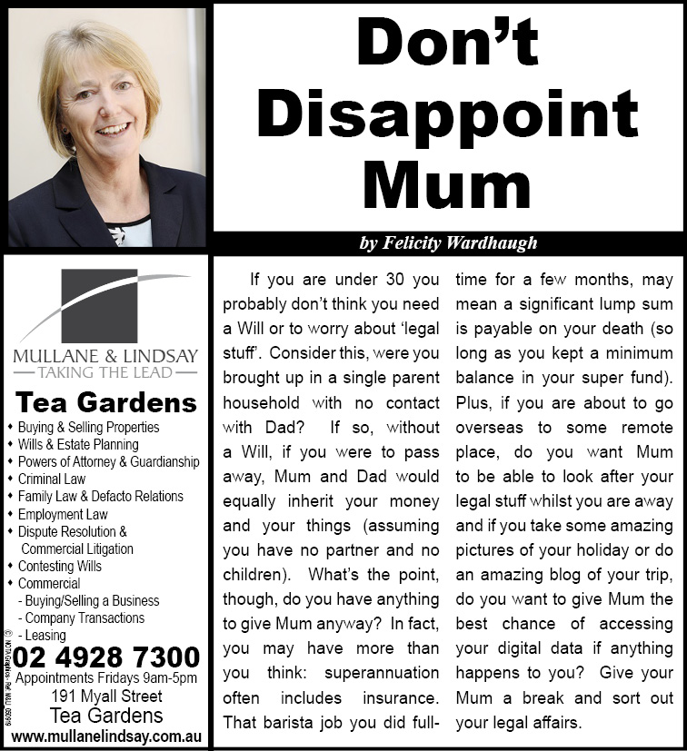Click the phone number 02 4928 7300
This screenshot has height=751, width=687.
click(107, 657)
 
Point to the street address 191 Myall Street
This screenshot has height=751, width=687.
click(106, 697)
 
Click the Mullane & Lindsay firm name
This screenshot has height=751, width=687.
click(105, 355)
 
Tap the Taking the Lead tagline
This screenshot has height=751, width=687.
click(105, 372)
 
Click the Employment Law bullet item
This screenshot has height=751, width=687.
click(62, 514)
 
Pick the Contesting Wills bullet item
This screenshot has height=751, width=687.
click(60, 566)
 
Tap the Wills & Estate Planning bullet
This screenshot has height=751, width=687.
click(78, 445)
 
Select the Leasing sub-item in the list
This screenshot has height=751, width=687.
click(45, 636)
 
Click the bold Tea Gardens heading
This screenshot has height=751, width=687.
click(105, 401)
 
